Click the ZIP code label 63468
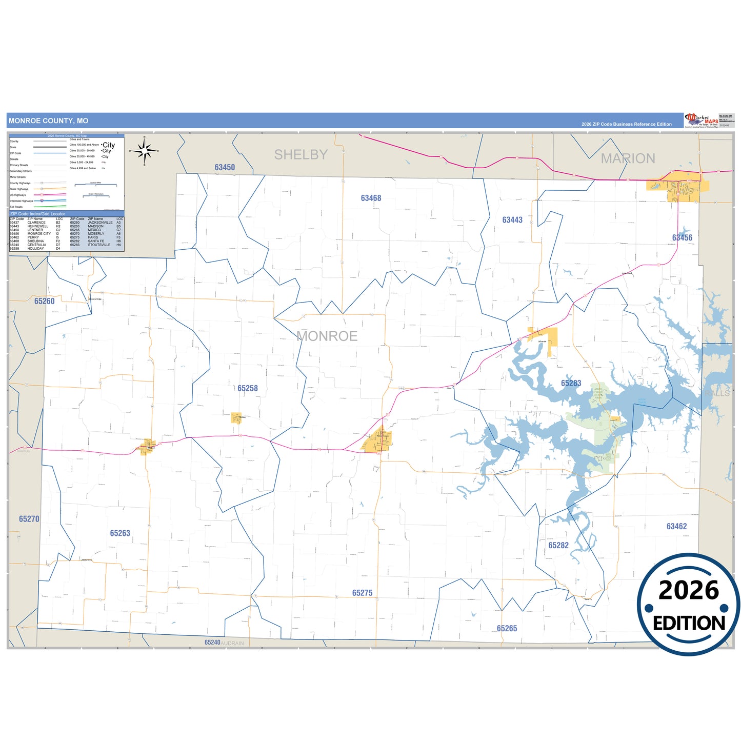(371, 198)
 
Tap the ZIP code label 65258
(248, 388)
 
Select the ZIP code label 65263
(120, 533)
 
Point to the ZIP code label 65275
(362, 593)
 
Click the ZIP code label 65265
(507, 628)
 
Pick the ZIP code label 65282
(558, 545)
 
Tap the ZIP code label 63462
(676, 526)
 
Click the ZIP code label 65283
(571, 383)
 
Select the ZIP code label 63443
(512, 220)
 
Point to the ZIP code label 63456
(682, 237)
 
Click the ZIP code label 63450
(225, 167)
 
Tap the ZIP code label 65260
(45, 301)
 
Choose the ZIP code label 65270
(29, 519)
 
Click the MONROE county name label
(327, 336)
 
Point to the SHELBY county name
(301, 154)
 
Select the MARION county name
(628, 158)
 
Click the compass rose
(145, 151)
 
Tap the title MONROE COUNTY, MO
(48, 121)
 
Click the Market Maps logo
(702, 120)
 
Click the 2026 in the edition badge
(688, 590)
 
